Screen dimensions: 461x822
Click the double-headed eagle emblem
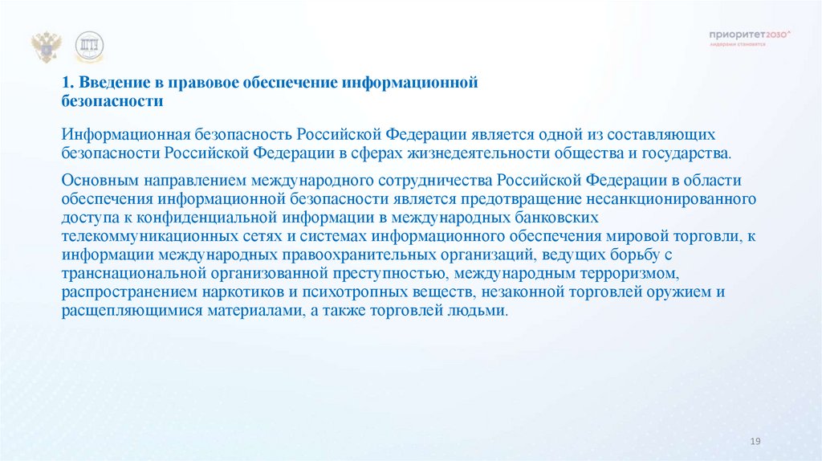click(47, 47)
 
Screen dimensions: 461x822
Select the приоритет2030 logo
click(749, 35)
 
